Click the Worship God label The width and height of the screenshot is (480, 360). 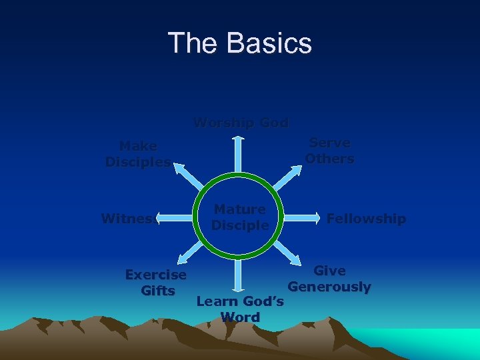click(x=241, y=123)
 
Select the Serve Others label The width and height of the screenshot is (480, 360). click(x=330, y=151)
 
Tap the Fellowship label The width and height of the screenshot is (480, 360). click(x=366, y=219)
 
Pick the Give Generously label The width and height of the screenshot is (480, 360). click(x=329, y=279)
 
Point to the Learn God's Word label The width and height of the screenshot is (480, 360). click(x=240, y=309)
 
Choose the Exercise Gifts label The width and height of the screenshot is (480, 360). click(x=156, y=283)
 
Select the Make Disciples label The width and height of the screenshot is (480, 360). click(x=138, y=154)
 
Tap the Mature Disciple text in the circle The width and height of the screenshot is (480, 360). click(x=239, y=217)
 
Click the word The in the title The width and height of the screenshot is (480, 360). click(x=193, y=43)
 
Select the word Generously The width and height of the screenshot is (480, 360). click(x=329, y=287)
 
